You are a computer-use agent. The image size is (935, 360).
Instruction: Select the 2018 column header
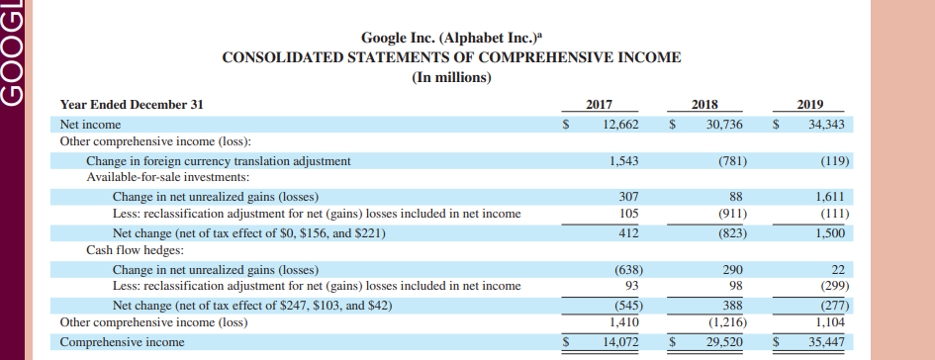click(x=705, y=104)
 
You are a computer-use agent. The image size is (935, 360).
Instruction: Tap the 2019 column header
click(x=809, y=104)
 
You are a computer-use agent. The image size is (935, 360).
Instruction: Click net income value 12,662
click(x=620, y=125)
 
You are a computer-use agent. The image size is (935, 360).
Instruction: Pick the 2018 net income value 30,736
click(x=724, y=125)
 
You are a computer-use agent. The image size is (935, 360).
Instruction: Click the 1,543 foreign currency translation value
click(x=623, y=160)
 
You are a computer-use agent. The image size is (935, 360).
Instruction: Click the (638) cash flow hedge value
click(x=623, y=269)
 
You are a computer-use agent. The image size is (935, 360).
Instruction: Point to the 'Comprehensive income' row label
click(x=122, y=342)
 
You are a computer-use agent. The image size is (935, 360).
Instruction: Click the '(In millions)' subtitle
click(x=451, y=77)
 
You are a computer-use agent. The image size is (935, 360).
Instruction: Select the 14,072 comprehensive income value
click(x=620, y=342)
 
